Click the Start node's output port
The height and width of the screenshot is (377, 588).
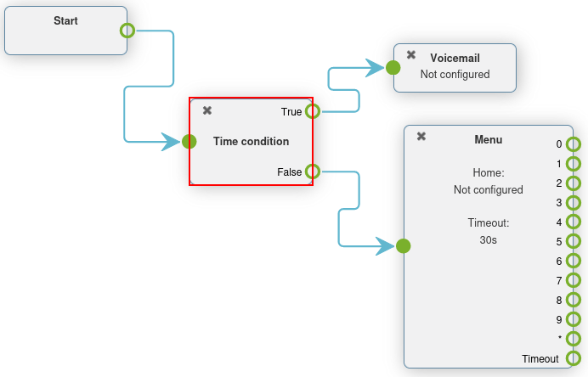coord(127,31)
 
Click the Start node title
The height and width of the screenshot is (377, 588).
coord(65,20)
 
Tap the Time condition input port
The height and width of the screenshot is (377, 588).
coord(189,142)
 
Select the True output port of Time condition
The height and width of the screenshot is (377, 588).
coord(313,111)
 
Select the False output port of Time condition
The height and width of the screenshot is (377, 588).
coord(313,172)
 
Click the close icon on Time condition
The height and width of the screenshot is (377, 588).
coord(207,110)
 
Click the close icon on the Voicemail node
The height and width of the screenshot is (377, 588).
coord(411,54)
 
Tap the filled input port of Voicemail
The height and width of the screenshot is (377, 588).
coord(393,66)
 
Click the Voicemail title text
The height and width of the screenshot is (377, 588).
coord(455,58)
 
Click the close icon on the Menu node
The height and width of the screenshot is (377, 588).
coord(421,137)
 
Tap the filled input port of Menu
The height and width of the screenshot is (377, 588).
coord(404,246)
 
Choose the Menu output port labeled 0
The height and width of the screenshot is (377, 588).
coord(574,144)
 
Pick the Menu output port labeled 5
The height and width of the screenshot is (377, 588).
coord(574,241)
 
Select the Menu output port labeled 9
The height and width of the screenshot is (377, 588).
coord(574,319)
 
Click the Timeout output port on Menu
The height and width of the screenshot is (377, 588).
coord(574,358)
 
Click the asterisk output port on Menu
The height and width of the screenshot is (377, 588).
coord(574,339)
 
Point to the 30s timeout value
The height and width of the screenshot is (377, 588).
coord(488,240)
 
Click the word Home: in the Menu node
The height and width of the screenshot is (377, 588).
coord(489,172)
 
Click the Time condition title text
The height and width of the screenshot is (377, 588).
coord(251,141)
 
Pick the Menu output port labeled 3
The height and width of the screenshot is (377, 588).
coord(574,202)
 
